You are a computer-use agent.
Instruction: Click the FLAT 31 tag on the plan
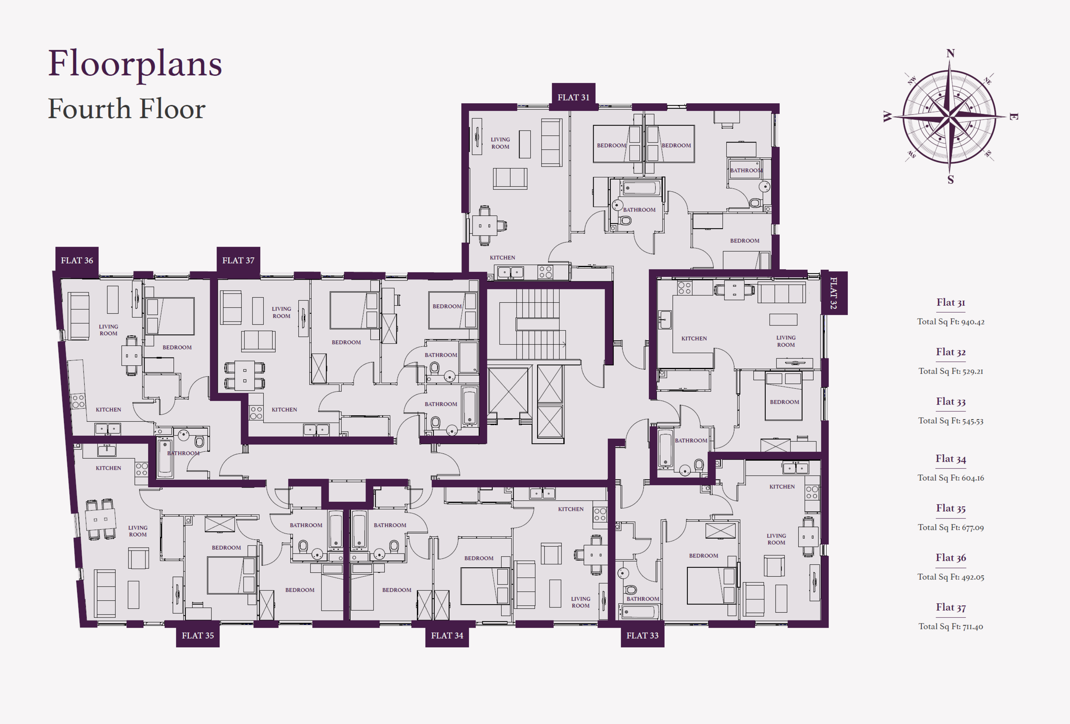[x=573, y=97]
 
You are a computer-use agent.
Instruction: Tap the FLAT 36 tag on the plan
[x=77, y=260]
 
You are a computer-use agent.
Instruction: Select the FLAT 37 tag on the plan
[x=238, y=260]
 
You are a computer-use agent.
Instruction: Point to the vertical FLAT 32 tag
[x=833, y=293]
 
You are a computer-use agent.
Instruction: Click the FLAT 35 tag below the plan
[x=197, y=635]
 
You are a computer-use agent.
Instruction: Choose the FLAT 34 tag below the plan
[x=446, y=635]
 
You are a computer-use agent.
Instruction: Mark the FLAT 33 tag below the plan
[x=642, y=635]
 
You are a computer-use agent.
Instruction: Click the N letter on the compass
[x=950, y=54]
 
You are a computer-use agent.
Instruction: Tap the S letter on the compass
[x=950, y=180]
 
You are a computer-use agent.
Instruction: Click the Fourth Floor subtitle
[x=127, y=109]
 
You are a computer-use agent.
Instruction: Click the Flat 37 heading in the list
[x=951, y=608]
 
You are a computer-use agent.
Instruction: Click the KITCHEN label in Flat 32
[x=694, y=339]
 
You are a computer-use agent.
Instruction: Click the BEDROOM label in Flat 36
[x=177, y=347]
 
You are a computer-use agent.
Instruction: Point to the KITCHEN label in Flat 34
[x=571, y=509]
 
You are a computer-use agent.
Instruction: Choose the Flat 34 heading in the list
[x=951, y=459]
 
